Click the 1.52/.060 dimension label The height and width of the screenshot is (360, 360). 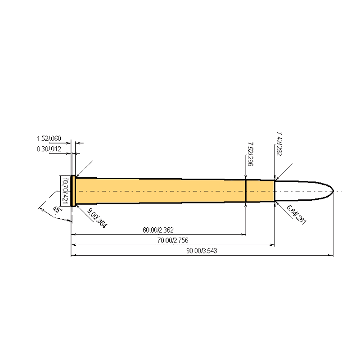click(49, 139)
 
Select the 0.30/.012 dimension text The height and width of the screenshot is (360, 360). click(49, 149)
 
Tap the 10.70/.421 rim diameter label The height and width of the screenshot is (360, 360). click(65, 191)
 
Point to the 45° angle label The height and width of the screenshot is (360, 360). click(57, 210)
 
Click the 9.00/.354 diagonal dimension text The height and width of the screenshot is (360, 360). click(97, 218)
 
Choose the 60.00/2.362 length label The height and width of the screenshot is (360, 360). click(158, 230)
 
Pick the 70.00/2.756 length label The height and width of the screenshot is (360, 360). click(173, 240)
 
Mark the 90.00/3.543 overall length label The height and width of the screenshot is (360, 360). click(202, 251)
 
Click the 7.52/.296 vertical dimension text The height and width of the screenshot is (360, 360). click(250, 154)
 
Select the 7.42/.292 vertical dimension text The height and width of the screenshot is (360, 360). click(279, 144)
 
